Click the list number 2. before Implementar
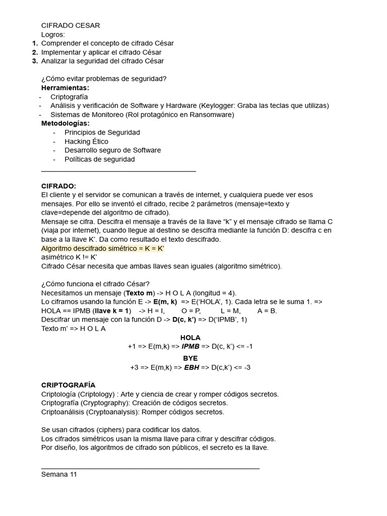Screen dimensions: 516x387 tap(34, 52)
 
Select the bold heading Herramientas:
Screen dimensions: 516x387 tap(65, 88)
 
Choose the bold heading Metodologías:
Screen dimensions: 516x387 tap(66, 123)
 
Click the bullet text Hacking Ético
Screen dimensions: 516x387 tap(86, 141)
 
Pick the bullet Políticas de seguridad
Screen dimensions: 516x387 tap(99, 159)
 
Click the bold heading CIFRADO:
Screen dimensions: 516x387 tap(58, 186)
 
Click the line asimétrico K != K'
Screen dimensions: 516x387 tap(69, 257)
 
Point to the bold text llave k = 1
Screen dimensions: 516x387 tap(108, 310)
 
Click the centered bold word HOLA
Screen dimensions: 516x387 tap(190, 337)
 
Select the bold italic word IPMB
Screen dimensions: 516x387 tap(191, 346)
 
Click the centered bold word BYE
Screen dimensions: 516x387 tap(190, 358)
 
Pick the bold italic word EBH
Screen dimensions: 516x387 tap(191, 367)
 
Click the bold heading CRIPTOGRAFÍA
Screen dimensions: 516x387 tap(68, 385)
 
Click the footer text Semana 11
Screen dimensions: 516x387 tap(59, 474)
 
